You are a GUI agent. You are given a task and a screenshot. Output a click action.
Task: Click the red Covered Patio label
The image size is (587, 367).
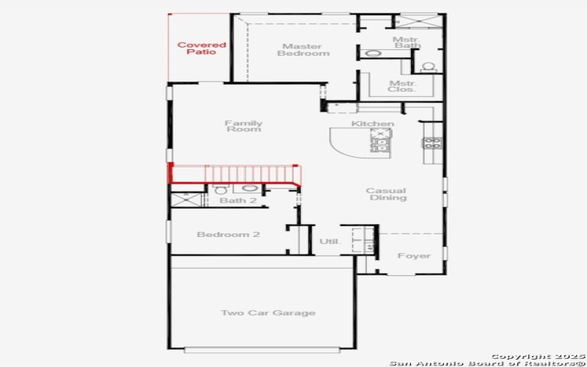pos(201,48)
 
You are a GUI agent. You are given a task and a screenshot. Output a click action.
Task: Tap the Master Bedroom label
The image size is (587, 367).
pos(302,50)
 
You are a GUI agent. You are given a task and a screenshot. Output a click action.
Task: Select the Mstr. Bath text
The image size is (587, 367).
pos(405,43)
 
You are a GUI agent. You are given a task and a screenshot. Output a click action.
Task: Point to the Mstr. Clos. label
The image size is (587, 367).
pos(403,87)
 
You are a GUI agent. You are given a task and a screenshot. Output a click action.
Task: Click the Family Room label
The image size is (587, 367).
pos(243,126)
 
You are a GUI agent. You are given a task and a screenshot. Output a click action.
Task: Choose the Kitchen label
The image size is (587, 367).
pos(372,123)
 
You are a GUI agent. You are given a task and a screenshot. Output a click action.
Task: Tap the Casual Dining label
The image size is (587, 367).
pos(387,195)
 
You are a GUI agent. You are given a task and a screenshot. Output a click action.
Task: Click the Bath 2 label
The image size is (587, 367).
pos(238,200)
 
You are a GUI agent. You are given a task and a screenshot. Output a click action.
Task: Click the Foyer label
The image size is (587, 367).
pos(414,256)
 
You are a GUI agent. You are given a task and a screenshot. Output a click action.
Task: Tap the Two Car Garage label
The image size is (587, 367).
pos(268,313)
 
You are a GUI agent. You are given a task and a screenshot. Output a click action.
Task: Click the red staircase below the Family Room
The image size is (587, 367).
pos(235,174)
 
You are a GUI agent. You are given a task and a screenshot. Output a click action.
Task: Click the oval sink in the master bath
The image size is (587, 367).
pos(373,54)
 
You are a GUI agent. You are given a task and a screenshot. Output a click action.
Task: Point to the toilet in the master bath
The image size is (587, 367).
pos(429,67)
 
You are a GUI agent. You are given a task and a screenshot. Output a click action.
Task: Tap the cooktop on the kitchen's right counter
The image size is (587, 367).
pos(431,142)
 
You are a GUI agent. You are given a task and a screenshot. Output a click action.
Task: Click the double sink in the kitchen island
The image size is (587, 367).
pos(381,140)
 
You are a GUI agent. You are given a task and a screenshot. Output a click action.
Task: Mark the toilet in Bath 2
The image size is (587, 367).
pos(221,190)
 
